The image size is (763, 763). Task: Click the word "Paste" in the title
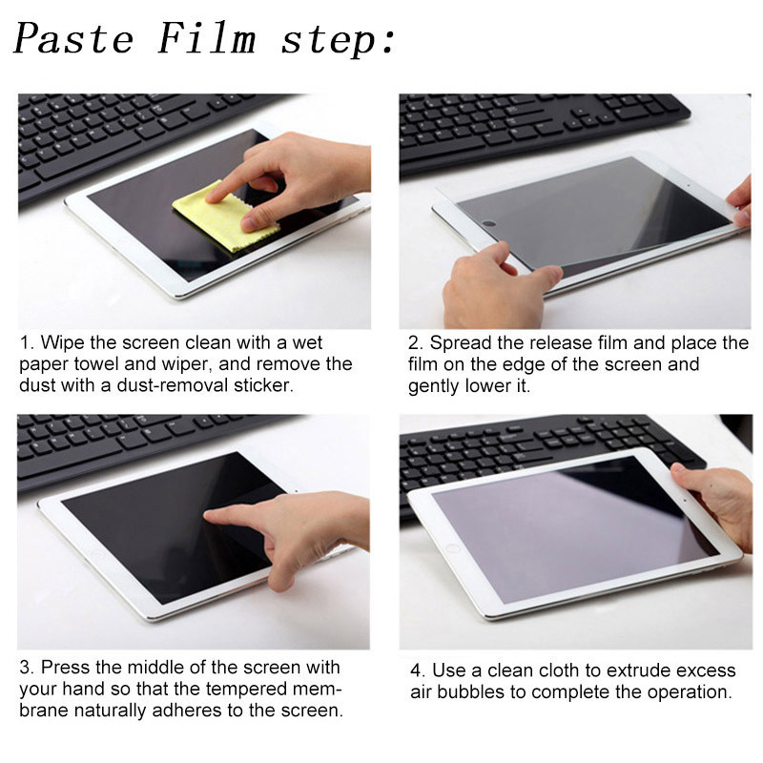[x=73, y=38]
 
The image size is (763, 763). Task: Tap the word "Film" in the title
[x=207, y=37]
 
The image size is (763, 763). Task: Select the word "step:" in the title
[x=338, y=41]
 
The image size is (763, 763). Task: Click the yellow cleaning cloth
[x=226, y=217]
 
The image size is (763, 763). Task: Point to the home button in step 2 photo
[x=489, y=224]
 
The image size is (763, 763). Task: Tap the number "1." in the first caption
[x=28, y=342]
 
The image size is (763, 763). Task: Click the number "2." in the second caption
[x=416, y=343]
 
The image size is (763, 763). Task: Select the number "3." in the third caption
[x=28, y=667]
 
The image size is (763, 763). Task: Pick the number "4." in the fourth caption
[x=418, y=670]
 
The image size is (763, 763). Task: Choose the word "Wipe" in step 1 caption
[x=63, y=343]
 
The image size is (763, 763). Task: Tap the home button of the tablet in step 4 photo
[x=452, y=549]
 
